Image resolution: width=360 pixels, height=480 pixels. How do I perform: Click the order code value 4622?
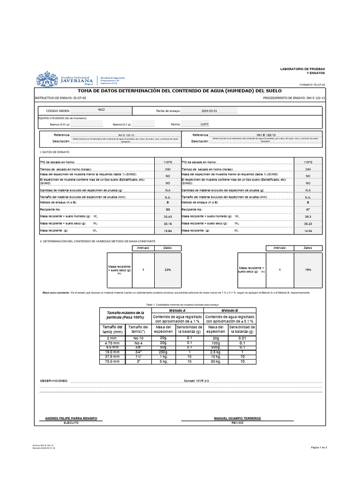pyautogui.click(x=101, y=109)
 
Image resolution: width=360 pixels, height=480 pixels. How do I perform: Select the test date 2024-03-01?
pyautogui.click(x=210, y=111)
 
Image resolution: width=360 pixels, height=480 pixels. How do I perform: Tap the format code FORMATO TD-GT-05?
pyautogui.click(x=312, y=85)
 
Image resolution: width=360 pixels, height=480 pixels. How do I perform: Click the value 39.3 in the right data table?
pyautogui.click(x=308, y=217)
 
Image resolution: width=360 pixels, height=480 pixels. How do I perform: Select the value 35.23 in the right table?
pyautogui.click(x=308, y=224)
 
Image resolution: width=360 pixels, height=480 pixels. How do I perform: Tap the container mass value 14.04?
pyautogui.click(x=308, y=231)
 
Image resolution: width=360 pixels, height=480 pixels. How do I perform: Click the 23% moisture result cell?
pyautogui.click(x=167, y=270)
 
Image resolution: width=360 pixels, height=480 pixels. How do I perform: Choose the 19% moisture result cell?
pyautogui.click(x=308, y=270)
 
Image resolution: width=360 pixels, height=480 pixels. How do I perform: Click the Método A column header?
pyautogui.click(x=177, y=310)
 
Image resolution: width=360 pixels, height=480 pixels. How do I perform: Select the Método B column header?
pyautogui.click(x=230, y=310)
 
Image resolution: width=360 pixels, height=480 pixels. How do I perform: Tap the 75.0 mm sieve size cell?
pyautogui.click(x=112, y=361)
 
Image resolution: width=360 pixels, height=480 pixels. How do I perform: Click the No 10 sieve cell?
pyautogui.click(x=138, y=337)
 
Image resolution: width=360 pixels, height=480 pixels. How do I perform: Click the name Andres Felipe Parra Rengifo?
pyautogui.click(x=71, y=418)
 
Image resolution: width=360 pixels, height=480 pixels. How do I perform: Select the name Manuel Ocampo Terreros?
pyautogui.click(x=237, y=418)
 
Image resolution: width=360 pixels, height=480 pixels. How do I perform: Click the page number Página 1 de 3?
pyautogui.click(x=319, y=448)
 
